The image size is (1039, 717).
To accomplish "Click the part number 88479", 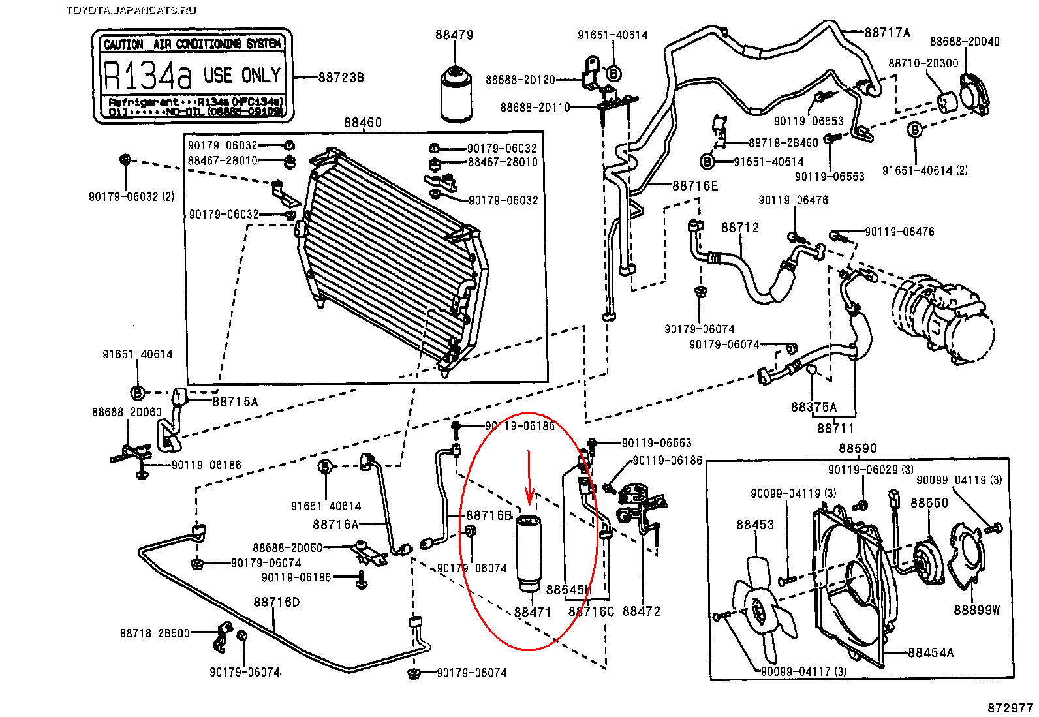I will click(x=454, y=35).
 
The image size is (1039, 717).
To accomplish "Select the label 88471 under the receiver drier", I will click(x=533, y=612).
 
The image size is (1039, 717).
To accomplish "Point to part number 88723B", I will click(x=341, y=78).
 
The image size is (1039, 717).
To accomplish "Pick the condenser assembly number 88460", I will click(x=363, y=123).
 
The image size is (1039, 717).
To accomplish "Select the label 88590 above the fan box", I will click(x=858, y=448).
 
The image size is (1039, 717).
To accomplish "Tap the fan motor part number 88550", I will click(x=929, y=503).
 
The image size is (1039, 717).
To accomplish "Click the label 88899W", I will click(x=976, y=610).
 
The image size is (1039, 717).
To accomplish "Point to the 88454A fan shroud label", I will click(x=931, y=652).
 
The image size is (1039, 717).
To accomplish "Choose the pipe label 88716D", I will click(x=277, y=602).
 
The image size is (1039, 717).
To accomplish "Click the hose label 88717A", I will click(x=887, y=33).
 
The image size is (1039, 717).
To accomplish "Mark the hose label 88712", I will click(x=740, y=228).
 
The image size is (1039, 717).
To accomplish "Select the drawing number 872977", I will click(x=1010, y=708).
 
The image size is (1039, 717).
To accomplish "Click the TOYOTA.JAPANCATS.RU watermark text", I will click(x=131, y=10).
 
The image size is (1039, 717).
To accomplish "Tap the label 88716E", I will click(x=695, y=186).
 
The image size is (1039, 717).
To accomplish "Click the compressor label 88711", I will click(x=835, y=428).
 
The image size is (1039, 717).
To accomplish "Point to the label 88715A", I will click(x=235, y=402).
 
